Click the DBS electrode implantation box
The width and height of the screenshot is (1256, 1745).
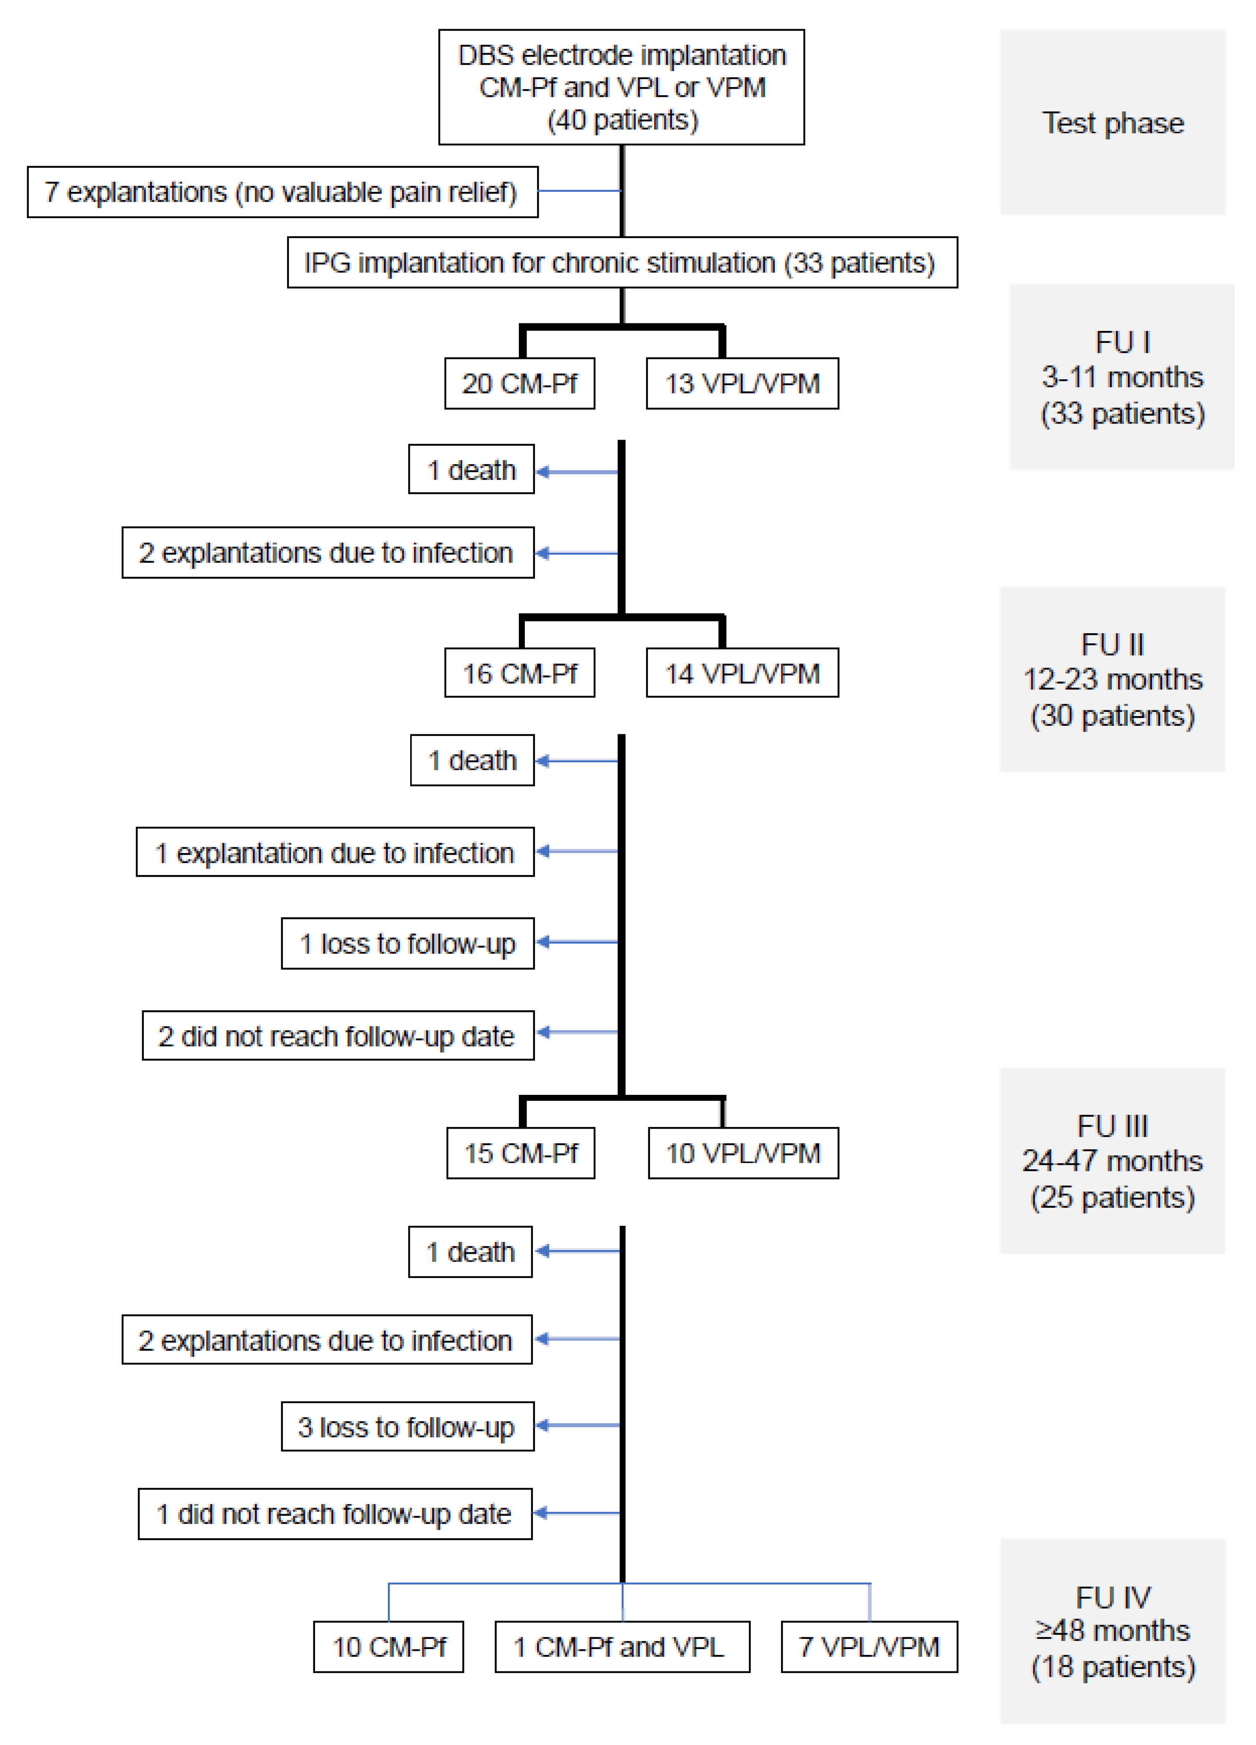coord(621,87)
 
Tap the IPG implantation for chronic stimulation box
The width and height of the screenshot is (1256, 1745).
coord(622,263)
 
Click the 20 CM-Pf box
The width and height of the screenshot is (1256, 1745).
coord(519,383)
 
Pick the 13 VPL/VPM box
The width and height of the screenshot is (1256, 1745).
coord(742,383)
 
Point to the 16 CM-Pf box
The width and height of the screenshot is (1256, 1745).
coord(519,673)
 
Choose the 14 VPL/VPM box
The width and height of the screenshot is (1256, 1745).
coord(742,673)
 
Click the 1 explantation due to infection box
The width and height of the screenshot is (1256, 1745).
coord(335,852)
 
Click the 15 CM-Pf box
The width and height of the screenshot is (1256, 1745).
coord(520,1153)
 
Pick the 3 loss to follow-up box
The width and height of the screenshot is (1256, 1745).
coord(407,1427)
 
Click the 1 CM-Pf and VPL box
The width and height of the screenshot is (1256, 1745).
coord(622,1647)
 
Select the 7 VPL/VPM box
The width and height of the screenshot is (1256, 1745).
coord(869,1647)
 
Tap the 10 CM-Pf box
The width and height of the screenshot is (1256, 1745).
coord(389,1647)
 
